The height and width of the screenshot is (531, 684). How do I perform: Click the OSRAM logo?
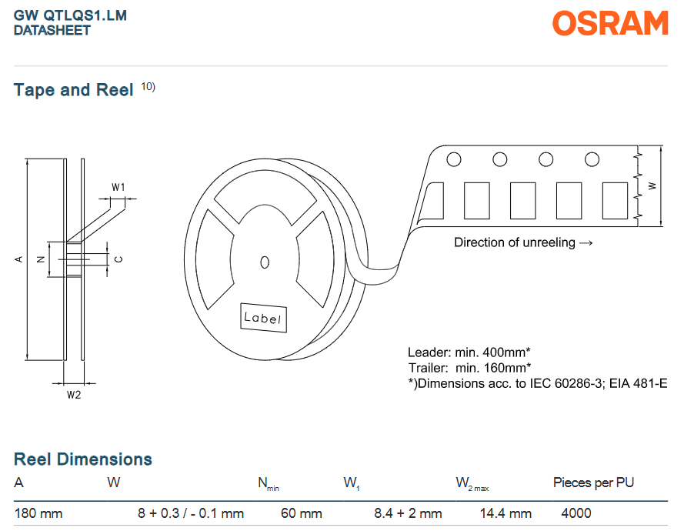coord(610,23)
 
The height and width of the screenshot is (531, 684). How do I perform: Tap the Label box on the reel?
coord(263,318)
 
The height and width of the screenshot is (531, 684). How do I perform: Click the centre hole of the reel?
coord(265,262)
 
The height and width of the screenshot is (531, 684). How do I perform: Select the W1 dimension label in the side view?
coord(118,187)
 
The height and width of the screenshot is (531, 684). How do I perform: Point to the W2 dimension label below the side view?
coord(74,395)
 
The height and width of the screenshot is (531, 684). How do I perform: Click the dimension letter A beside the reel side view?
coord(18,259)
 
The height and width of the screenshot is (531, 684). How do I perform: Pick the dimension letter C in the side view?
coord(118,259)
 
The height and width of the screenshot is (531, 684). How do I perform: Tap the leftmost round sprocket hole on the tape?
coord(454,159)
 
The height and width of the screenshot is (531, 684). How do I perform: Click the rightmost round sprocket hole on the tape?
coord(592,159)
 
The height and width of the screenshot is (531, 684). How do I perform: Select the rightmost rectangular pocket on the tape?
coord(615,201)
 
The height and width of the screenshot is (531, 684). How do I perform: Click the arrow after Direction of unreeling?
coord(586,243)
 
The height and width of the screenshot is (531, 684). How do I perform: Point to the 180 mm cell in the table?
coord(38,513)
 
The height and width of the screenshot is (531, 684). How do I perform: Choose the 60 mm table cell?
coord(302,513)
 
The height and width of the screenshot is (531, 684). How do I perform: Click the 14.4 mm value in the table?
coord(505,513)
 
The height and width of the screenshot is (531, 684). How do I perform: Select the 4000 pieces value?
coord(576,513)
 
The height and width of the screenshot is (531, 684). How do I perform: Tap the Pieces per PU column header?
coord(593,483)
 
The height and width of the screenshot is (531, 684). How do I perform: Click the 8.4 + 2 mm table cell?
coord(408,513)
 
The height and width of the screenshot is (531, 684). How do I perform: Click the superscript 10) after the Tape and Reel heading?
coord(148,86)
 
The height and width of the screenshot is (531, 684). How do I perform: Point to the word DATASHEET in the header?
coord(52,31)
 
